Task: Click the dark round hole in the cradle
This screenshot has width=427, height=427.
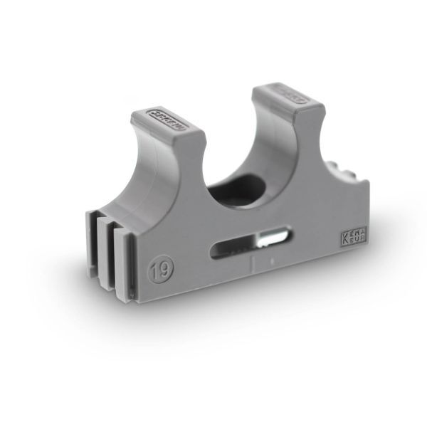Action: point(246,187)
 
